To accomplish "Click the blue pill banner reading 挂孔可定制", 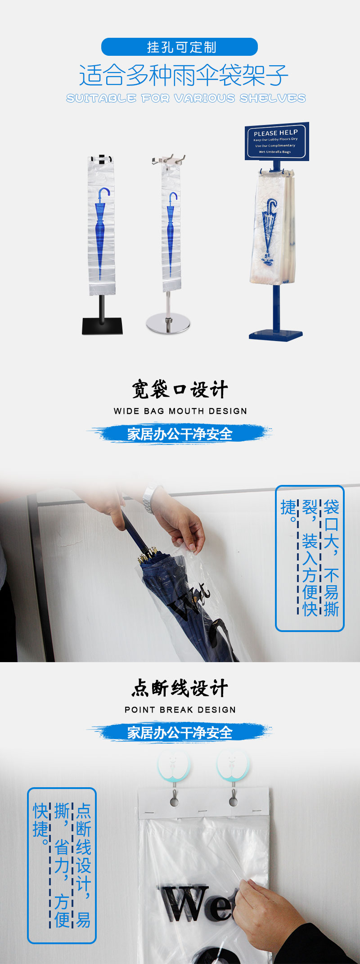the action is (180, 47).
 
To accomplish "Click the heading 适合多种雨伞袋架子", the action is (184, 75).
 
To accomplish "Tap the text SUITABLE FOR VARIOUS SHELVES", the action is (186, 98).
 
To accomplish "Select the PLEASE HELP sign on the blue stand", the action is (277, 141).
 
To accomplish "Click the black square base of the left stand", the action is (103, 326).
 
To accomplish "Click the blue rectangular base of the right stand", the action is (276, 335).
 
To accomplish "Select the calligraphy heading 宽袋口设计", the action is (180, 390).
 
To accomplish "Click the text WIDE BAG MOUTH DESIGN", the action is (180, 411).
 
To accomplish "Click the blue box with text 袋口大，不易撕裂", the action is (310, 558).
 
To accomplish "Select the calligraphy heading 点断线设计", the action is (180, 688).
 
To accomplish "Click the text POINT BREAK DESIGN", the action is (180, 710).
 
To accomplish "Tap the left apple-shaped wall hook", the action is (174, 765).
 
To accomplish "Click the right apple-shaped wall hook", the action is (232, 765).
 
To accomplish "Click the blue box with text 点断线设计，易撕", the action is (62, 865).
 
